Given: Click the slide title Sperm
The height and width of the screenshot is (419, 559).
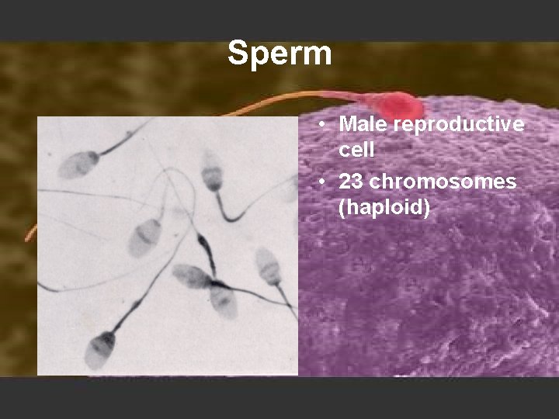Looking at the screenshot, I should pyautogui.click(x=279, y=54).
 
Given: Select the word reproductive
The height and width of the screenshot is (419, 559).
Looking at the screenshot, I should pyautogui.click(x=459, y=124).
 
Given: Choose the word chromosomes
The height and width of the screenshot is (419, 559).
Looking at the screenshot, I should pyautogui.click(x=443, y=182).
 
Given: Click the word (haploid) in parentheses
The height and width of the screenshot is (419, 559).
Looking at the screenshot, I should pyautogui.click(x=384, y=208).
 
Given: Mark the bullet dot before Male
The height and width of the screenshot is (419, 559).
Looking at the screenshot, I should pyautogui.click(x=320, y=125).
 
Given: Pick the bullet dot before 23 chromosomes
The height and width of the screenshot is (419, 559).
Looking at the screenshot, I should pyautogui.click(x=320, y=182).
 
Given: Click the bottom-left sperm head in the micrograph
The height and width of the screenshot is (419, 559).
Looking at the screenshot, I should pyautogui.click(x=99, y=349).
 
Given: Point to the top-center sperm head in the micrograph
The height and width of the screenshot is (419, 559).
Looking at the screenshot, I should pyautogui.click(x=212, y=171).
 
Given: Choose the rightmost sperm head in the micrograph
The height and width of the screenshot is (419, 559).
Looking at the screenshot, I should pyautogui.click(x=268, y=265).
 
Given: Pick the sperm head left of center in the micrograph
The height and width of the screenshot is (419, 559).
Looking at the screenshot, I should pyautogui.click(x=144, y=237).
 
